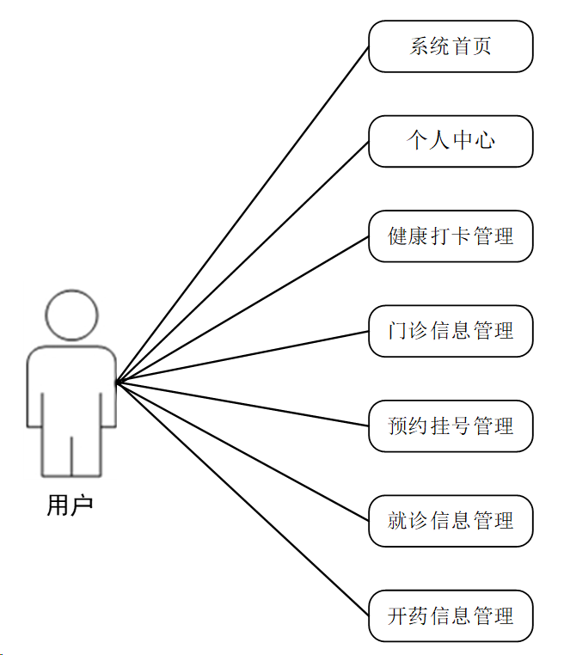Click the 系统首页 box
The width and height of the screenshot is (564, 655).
pos(451,46)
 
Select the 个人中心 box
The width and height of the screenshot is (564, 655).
pos(451,141)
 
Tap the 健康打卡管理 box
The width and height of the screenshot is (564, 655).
pos(451,236)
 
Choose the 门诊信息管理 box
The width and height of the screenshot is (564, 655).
pos(451,331)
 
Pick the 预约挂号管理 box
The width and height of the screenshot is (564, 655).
pos(451,425)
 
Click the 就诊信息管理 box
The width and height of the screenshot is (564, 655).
pos(451,520)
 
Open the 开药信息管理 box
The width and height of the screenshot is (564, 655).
pos(451,615)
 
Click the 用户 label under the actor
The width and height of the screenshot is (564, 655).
pos(70,505)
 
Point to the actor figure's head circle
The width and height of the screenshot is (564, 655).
pos(71,315)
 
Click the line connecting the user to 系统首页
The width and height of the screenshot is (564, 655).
pos(242,214)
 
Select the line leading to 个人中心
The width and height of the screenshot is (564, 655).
pos(242,262)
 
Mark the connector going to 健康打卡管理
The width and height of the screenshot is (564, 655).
pos(242,309)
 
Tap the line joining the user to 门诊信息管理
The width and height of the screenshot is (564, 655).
pos(242,357)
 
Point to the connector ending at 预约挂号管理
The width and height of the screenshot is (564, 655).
pos(242,404)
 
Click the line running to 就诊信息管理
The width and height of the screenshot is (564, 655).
pos(242,451)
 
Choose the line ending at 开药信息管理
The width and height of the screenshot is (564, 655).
pos(242,499)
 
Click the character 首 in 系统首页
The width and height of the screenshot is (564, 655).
pos(461,46)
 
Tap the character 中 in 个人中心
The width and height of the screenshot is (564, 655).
pos(462,141)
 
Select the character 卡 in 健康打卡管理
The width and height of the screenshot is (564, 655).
pos(461,236)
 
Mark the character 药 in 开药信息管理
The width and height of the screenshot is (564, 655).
pos(419,615)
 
